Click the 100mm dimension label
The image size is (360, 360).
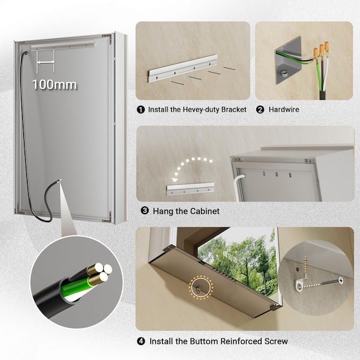55,85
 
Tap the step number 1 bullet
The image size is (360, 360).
140,110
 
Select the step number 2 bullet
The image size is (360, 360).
260,110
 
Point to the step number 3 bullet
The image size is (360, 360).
145,211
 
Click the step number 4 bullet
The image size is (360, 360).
141,341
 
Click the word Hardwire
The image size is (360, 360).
284,110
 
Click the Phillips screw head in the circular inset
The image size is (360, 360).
341,280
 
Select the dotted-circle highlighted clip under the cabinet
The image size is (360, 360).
200,287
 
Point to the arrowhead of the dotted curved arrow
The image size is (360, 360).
175,180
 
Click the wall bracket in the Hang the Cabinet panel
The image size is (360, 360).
190,189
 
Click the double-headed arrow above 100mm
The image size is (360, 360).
46,62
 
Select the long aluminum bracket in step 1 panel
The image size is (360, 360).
183,68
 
